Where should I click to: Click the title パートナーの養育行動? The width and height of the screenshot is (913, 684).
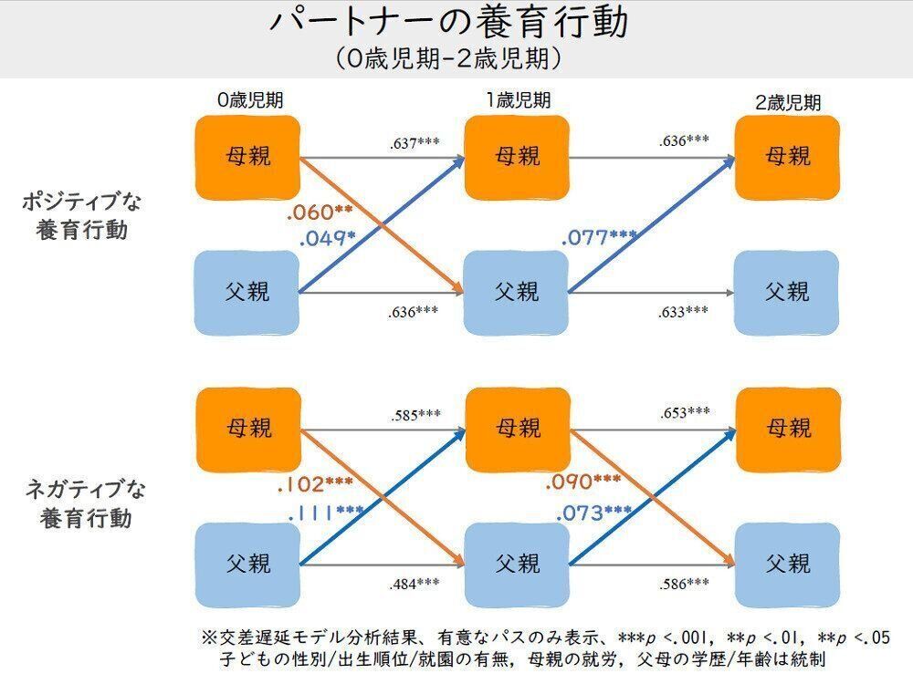(x=449, y=24)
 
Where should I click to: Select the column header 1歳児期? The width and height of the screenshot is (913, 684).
(x=518, y=100)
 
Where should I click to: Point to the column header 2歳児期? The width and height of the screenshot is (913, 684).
(x=787, y=102)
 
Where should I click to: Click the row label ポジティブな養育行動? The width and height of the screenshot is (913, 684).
(x=83, y=215)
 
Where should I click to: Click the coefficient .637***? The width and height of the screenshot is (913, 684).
(x=415, y=143)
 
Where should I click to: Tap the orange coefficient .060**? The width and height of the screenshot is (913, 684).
(x=320, y=212)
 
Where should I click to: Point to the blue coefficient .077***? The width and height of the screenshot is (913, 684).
(x=599, y=238)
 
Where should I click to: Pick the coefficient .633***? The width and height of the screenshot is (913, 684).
(x=683, y=312)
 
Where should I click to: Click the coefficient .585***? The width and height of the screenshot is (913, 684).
(x=415, y=415)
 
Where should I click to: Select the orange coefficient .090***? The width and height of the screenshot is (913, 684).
(x=582, y=482)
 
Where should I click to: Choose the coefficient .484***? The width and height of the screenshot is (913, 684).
(x=415, y=584)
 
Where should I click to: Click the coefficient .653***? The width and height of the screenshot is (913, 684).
(x=685, y=412)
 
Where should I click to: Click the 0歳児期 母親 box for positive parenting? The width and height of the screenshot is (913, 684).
(x=247, y=158)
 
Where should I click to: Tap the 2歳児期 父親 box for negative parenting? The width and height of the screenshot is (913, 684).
(x=787, y=564)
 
